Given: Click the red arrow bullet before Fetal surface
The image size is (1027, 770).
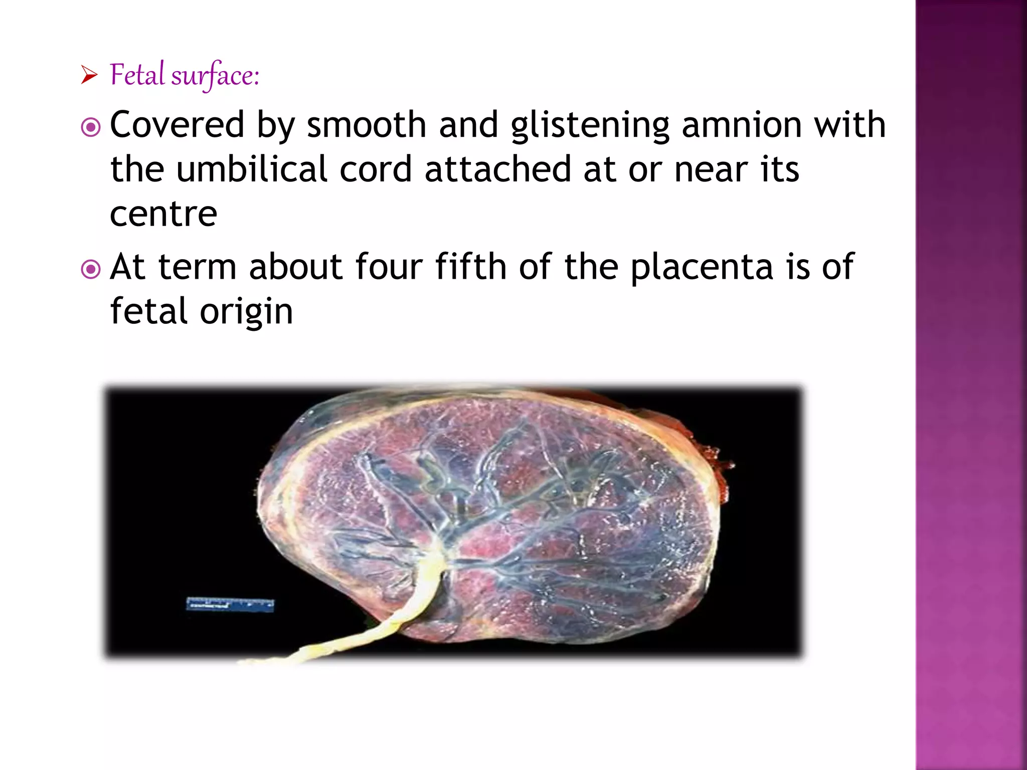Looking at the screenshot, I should [x=89, y=76].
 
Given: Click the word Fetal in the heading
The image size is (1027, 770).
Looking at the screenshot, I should [x=137, y=75].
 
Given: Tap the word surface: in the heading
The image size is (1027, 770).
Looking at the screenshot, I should [x=215, y=76].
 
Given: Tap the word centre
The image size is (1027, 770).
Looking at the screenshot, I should [x=163, y=214].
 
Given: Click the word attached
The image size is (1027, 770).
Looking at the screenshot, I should [x=497, y=169].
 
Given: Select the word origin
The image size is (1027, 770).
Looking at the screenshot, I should [x=246, y=312].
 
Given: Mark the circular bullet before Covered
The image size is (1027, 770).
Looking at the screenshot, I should [x=91, y=127].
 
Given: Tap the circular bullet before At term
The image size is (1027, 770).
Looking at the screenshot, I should [x=91, y=269].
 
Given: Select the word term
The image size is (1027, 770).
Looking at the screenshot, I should [x=197, y=267].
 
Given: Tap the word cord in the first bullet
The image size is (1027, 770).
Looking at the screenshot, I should [x=376, y=169].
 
